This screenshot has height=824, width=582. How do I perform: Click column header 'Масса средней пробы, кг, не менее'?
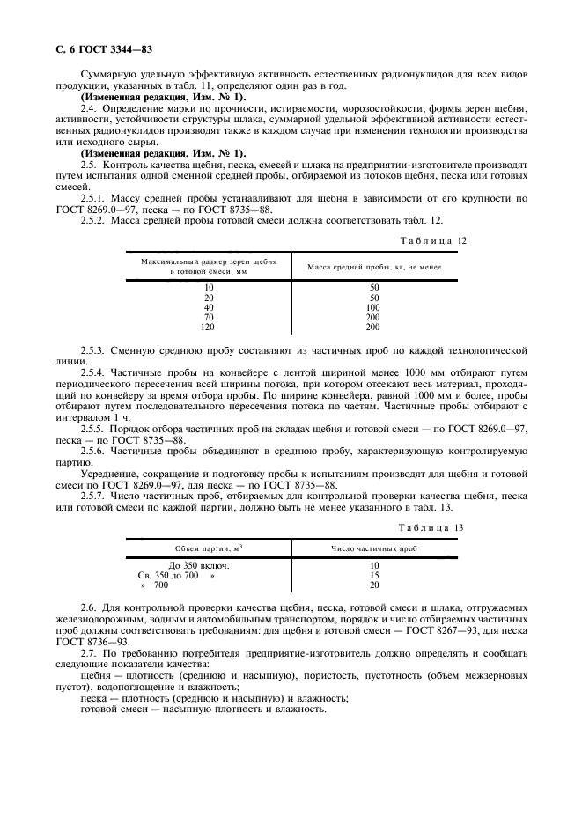tap(374, 267)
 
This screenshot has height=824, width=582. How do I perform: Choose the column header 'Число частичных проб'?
tap(374, 548)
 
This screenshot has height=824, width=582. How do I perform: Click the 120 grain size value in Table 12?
tap(209, 327)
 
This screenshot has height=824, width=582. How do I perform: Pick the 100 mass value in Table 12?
tap(374, 307)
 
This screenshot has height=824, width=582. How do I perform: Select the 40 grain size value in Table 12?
tap(209, 307)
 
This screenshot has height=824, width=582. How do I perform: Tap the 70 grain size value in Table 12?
tap(209, 317)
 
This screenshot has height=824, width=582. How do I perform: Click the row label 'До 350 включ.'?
tap(198, 565)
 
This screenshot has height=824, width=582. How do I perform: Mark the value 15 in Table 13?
tap(374, 575)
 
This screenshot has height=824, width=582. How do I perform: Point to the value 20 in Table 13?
tap(374, 585)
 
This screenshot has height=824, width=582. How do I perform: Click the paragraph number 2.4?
tap(89, 107)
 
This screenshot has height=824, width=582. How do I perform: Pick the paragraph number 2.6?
tap(89, 608)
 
